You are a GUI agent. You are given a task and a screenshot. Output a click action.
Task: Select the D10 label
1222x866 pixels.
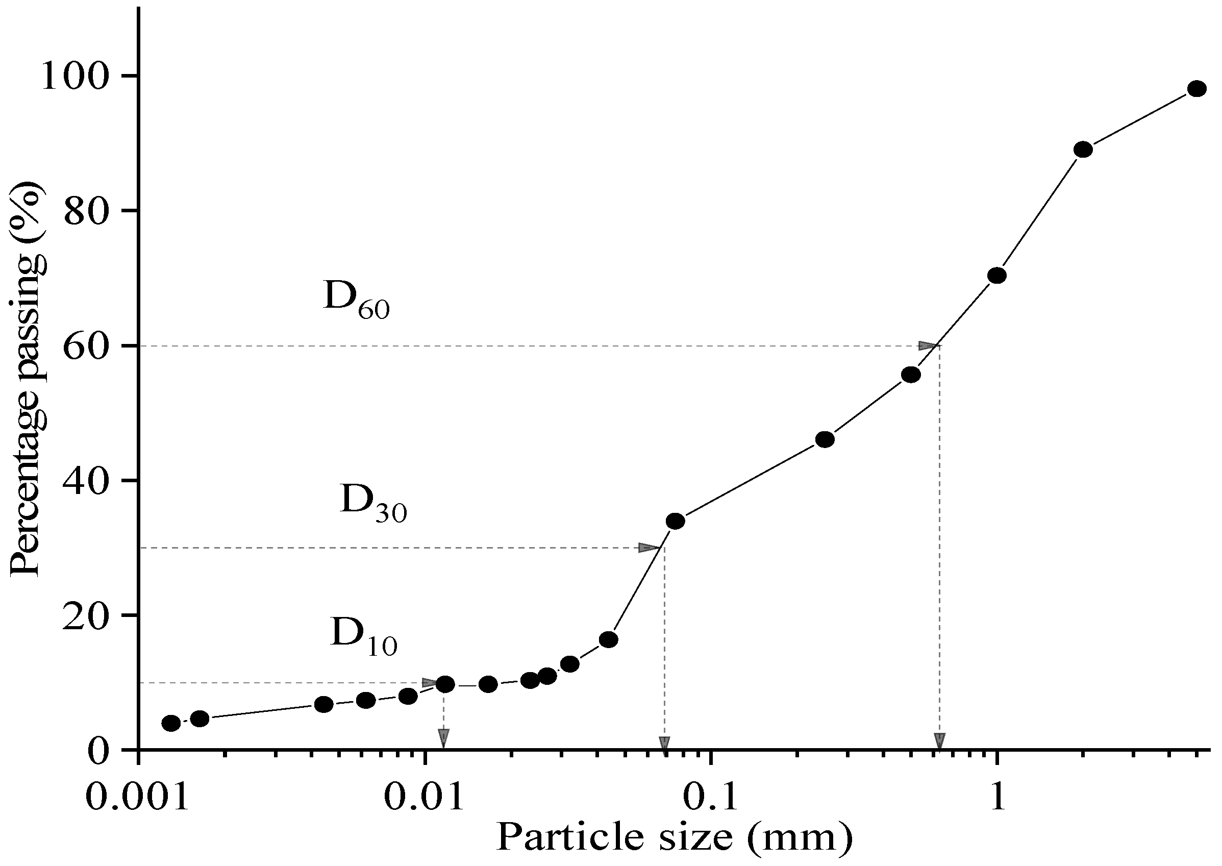click(363, 636)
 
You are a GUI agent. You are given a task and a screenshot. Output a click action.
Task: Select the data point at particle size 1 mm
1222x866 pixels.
click(996, 276)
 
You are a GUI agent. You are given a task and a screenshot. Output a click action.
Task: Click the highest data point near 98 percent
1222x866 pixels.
click(1196, 88)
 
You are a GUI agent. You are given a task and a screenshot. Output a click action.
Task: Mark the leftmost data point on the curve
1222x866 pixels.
click(170, 724)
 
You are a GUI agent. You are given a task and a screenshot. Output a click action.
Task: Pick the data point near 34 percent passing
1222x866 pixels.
click(675, 521)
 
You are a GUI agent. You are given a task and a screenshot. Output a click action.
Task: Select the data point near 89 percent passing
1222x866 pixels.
click(1083, 150)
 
